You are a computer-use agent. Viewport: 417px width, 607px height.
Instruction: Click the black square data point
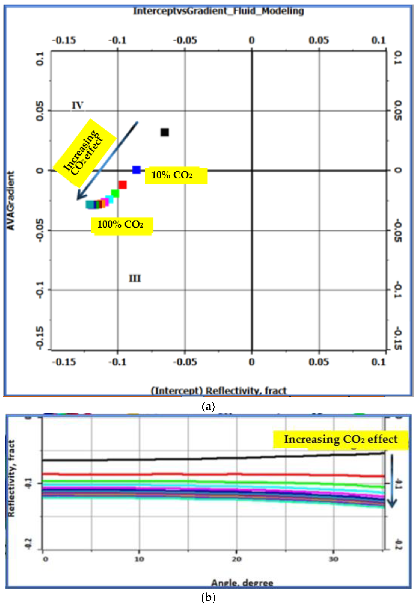click(165, 133)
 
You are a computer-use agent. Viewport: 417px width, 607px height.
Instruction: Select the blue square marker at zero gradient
click(136, 170)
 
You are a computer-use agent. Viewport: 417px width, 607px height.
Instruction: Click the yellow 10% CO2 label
click(176, 175)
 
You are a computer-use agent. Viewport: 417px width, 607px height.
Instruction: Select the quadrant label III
click(135, 278)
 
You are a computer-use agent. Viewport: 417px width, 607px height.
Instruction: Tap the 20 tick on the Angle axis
click(237, 559)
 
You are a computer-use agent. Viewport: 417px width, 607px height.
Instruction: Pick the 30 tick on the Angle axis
click(333, 559)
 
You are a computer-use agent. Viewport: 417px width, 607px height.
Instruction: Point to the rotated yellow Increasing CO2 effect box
click(85, 153)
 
